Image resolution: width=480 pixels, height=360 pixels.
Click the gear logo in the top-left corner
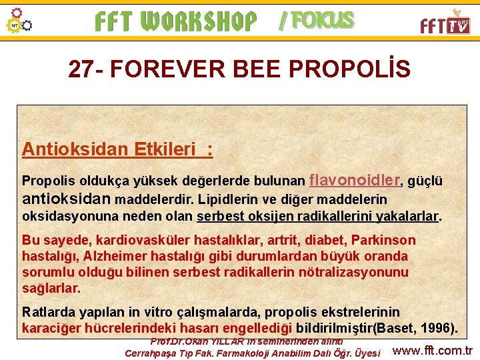[x=18, y=21]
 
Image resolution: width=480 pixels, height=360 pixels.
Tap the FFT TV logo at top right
[x=445, y=23]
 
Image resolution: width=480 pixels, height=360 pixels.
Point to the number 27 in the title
[x=82, y=69]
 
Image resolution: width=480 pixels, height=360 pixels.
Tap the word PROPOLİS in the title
[x=354, y=69]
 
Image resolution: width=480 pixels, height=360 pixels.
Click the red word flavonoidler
[x=355, y=179]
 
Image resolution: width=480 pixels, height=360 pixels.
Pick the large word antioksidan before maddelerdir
[x=67, y=199]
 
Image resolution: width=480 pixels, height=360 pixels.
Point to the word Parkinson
[x=383, y=240]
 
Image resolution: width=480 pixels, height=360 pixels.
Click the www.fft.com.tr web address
[x=433, y=351]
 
